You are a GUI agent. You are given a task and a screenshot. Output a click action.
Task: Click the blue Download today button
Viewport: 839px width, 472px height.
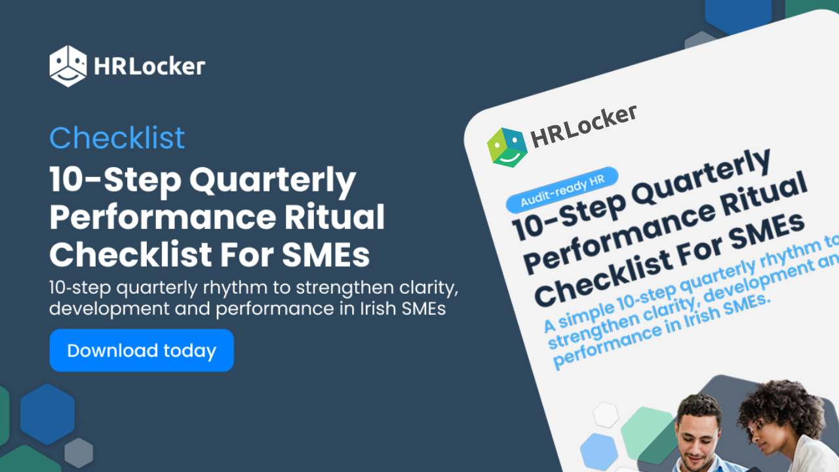pyautogui.click(x=142, y=351)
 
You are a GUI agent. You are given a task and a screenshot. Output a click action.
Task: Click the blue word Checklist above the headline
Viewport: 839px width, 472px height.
pyautogui.click(x=117, y=138)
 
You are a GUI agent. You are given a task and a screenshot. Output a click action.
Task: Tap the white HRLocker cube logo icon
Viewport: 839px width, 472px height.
pyautogui.click(x=68, y=66)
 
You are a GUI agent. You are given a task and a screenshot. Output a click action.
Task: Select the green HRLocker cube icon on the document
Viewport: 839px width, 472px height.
pyautogui.click(x=507, y=147)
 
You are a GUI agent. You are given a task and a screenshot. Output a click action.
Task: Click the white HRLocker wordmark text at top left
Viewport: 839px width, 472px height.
pyautogui.click(x=149, y=66)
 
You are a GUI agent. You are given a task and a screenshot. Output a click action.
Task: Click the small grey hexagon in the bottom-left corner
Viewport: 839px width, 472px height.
pyautogui.click(x=79, y=452)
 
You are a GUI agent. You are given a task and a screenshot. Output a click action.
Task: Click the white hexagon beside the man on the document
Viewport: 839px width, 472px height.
pyautogui.click(x=606, y=414)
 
